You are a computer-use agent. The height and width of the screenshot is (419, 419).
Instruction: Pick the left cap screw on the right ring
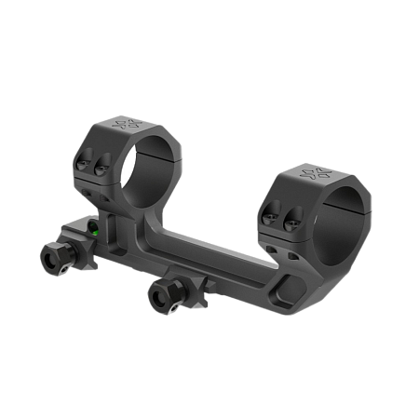pyautogui.click(x=270, y=216)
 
